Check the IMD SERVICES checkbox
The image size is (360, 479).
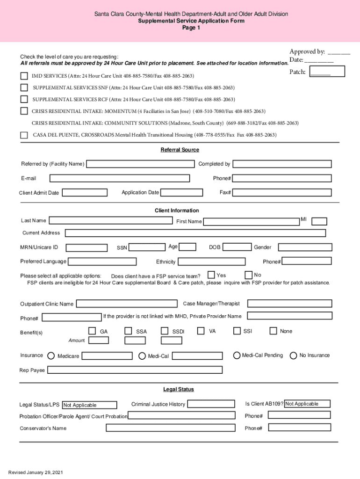24,76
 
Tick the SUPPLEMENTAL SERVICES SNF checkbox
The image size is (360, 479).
24,88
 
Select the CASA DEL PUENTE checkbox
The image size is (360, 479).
24,135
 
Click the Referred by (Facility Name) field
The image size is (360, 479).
140,164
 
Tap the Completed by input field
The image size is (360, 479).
282,164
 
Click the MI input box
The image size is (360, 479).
319,221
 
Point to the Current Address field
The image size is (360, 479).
195,233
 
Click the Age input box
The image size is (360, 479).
188,247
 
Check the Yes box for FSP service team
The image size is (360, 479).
211,275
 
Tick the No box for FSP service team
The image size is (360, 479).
249,275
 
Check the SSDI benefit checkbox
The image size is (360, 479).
165,331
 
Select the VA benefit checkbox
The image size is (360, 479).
201,331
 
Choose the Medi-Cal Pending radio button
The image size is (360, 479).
237,356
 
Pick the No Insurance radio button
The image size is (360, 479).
294,356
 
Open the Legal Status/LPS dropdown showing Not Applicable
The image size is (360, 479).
89,405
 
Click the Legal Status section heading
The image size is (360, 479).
178,389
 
